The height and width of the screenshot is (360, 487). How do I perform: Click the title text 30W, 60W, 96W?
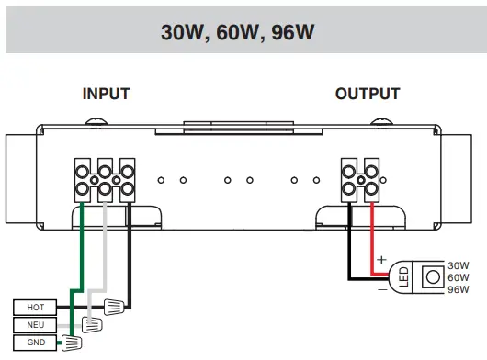tap(243, 32)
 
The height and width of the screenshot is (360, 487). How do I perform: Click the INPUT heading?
tap(106, 94)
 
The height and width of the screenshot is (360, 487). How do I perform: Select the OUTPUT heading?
tap(368, 94)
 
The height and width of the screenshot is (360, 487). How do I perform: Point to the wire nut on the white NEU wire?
tap(92, 324)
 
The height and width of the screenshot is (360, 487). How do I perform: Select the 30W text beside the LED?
tap(459, 264)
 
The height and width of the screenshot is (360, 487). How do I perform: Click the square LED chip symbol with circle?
tap(428, 276)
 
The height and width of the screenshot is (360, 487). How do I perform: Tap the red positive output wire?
tap(371, 239)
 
